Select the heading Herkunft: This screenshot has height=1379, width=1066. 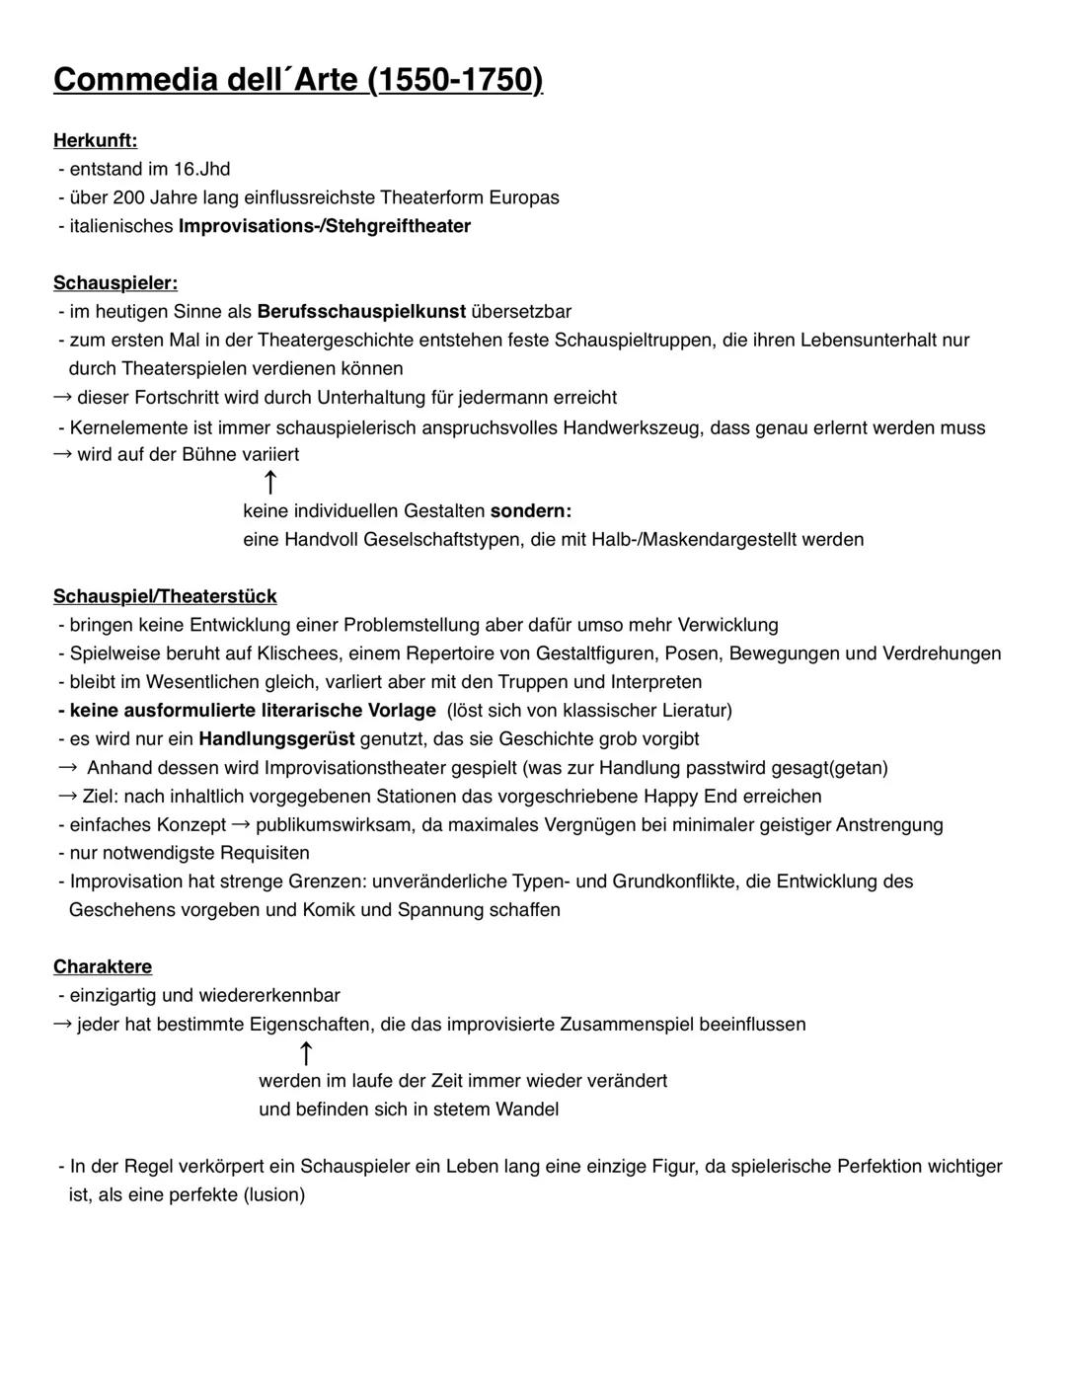[x=95, y=141]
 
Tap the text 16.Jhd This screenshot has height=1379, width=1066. [x=201, y=169]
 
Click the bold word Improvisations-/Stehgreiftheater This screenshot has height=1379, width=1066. [x=324, y=226]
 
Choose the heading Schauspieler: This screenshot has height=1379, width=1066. [x=115, y=283]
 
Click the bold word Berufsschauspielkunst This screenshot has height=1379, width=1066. [x=361, y=312]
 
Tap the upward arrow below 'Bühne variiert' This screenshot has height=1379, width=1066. [x=269, y=483]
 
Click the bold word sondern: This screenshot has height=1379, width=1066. [x=531, y=511]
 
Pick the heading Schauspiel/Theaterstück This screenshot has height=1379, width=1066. [x=165, y=596]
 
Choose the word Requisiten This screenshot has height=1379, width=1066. [x=265, y=853]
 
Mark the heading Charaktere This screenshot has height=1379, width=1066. [x=103, y=966]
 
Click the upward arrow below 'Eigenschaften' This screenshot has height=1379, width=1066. [x=306, y=1053]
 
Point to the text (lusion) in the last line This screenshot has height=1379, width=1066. [x=274, y=1194]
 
